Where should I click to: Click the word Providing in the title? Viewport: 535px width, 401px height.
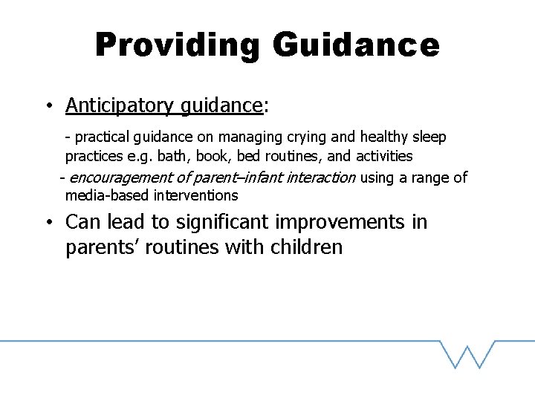pyautogui.click(x=177, y=46)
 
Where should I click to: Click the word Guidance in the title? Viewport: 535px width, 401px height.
pyautogui.click(x=356, y=46)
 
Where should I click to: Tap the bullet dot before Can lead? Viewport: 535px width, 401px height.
pyautogui.click(x=47, y=222)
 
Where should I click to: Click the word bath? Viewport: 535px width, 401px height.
pyautogui.click(x=171, y=156)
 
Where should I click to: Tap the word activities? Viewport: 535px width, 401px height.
pyautogui.click(x=384, y=156)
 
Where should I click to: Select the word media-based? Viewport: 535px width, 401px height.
pyautogui.click(x=107, y=196)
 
